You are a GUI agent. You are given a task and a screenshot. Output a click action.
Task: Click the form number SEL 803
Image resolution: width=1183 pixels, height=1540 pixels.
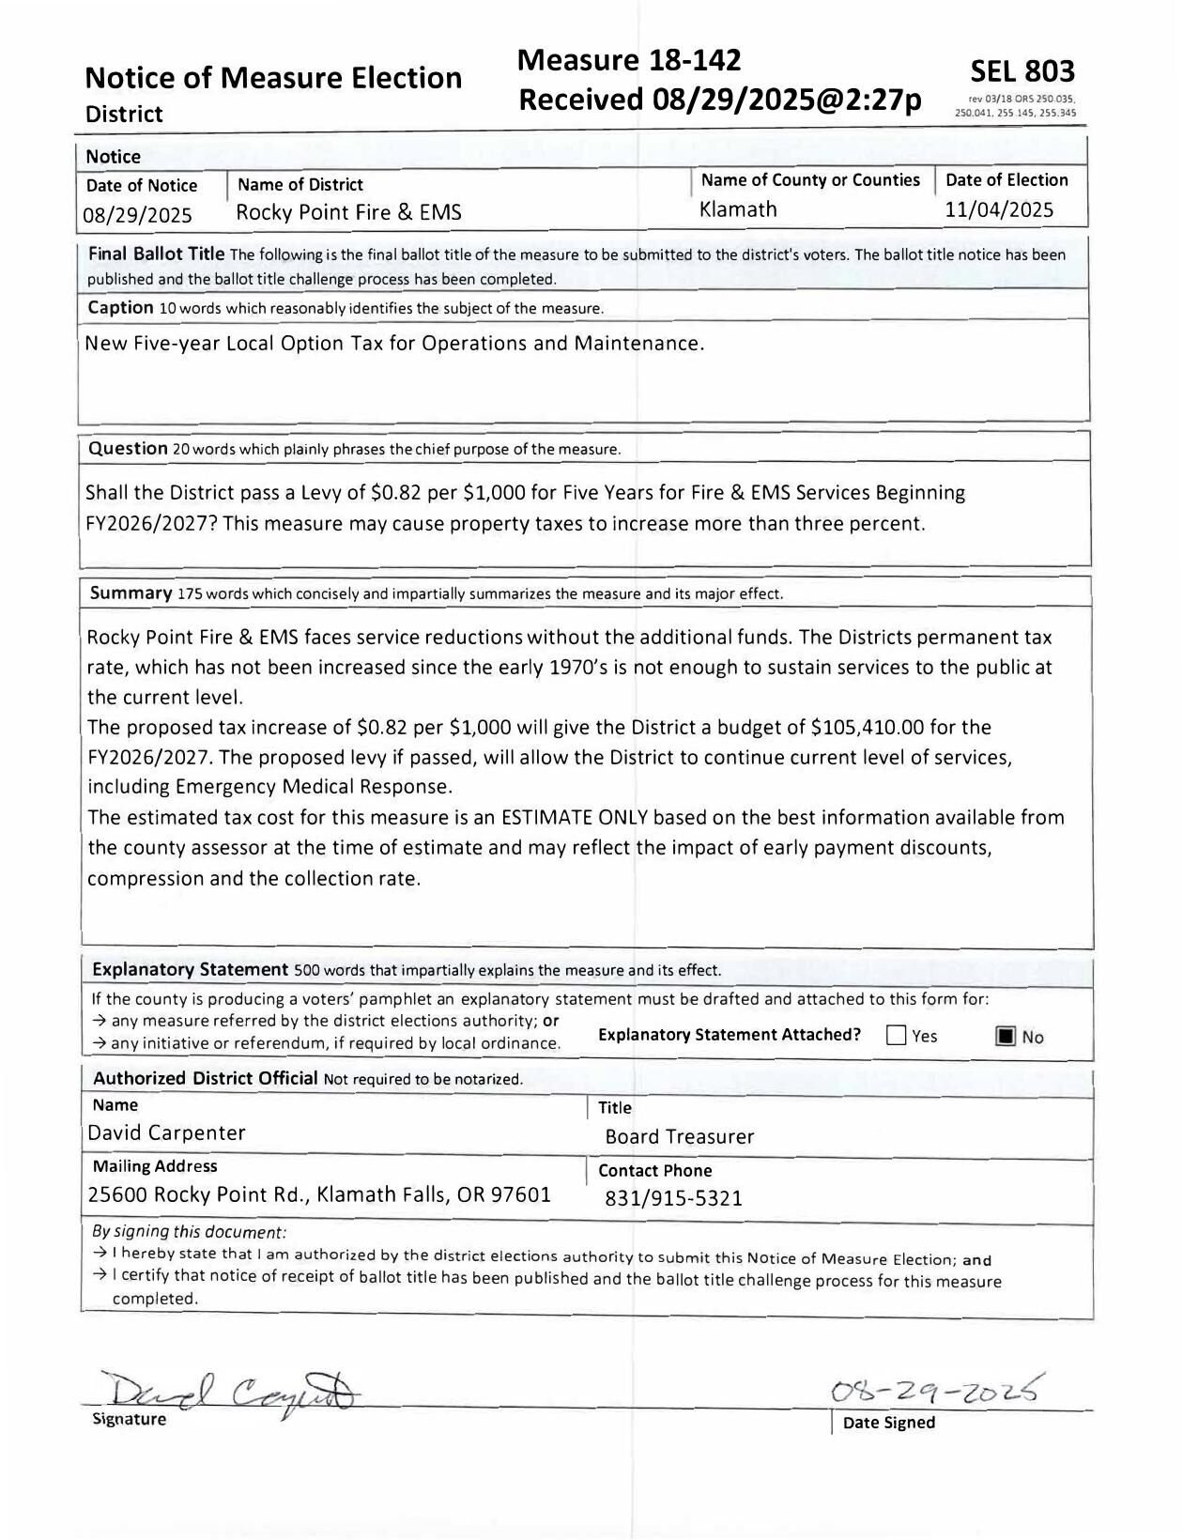[1022, 71]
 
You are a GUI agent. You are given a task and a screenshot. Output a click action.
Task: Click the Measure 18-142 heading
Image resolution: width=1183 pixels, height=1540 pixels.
[629, 60]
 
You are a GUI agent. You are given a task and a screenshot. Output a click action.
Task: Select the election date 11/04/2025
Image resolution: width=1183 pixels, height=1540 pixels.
[999, 209]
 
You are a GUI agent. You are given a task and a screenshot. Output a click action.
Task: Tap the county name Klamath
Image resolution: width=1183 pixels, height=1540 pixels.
[739, 209]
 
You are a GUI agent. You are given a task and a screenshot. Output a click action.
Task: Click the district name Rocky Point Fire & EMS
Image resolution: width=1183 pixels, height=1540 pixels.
[348, 212]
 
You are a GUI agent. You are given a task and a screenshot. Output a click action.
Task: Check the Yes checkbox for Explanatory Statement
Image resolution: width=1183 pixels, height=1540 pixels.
[897, 1036]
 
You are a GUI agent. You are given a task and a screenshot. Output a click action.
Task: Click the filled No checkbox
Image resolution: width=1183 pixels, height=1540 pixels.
[1006, 1037]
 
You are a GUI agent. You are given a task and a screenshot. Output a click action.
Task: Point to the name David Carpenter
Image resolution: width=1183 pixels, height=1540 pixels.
[166, 1133]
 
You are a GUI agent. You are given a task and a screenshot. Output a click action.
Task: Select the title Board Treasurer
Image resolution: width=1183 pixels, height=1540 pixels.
[680, 1137]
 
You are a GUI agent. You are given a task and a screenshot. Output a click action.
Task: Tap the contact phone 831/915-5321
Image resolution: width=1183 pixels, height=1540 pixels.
[673, 1199]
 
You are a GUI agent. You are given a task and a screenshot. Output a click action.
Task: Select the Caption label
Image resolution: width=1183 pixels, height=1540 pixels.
[120, 308]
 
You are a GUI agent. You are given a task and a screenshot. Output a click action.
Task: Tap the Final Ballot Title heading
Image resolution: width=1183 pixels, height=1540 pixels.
[156, 254]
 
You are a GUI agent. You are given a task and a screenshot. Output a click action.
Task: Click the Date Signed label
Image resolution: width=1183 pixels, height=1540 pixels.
[888, 1423]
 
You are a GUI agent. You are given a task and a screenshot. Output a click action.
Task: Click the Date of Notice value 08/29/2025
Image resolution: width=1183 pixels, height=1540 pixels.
[137, 215]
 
